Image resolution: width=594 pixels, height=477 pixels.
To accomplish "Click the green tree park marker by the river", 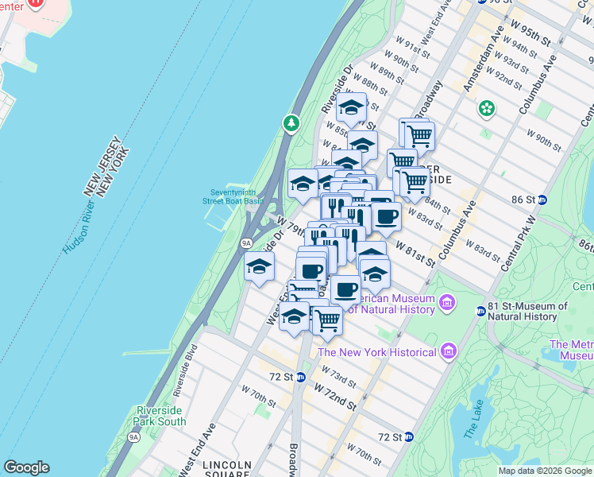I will point(291,123).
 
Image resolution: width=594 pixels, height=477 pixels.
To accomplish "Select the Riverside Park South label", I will point(160,416).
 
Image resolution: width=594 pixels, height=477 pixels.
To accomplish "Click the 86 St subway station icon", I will point(542,200).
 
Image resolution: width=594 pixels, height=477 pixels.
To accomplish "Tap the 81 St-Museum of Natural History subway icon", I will point(480,311).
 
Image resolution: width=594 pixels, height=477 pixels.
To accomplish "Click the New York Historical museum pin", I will point(448,351).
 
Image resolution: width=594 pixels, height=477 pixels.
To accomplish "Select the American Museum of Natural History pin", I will point(447,303).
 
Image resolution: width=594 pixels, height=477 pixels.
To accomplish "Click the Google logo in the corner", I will point(26,467).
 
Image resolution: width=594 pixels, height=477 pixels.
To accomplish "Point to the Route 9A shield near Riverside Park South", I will point(133,436).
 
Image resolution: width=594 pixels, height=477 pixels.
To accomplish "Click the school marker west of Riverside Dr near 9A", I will point(259,267).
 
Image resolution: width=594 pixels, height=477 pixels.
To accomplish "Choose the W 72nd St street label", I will point(334,395).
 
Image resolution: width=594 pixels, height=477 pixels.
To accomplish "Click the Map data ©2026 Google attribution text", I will point(545,471).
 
